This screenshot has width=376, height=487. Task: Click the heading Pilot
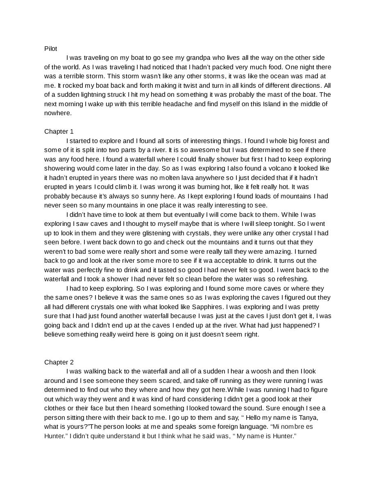click(50, 48)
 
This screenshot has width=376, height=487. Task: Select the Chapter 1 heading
click(59, 132)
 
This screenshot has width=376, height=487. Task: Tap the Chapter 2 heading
click(59, 362)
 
